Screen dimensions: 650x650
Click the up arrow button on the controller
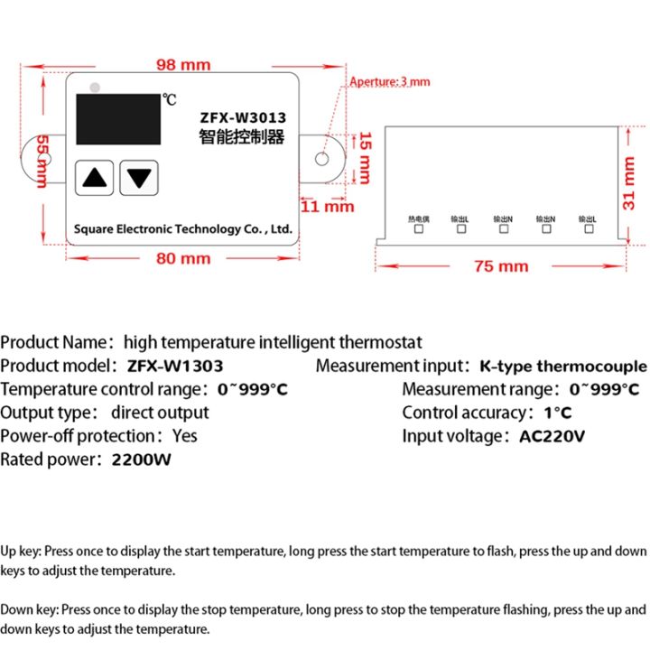click(95, 177)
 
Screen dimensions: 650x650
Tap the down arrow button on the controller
click(138, 177)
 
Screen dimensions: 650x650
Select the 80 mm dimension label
click(182, 258)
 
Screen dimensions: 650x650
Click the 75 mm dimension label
click(500, 266)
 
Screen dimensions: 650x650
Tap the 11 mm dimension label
click(327, 206)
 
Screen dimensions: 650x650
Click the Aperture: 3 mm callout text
click(390, 82)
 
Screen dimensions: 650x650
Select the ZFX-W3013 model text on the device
click(241, 116)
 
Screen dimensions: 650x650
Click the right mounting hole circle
click(321, 160)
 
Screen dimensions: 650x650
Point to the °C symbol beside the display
click(170, 98)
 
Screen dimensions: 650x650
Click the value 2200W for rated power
click(141, 460)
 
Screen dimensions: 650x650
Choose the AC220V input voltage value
click(552, 436)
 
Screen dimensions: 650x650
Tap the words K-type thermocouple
click(562, 366)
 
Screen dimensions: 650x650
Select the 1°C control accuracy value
click(557, 413)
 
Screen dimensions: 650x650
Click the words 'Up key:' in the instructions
click(21, 551)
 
